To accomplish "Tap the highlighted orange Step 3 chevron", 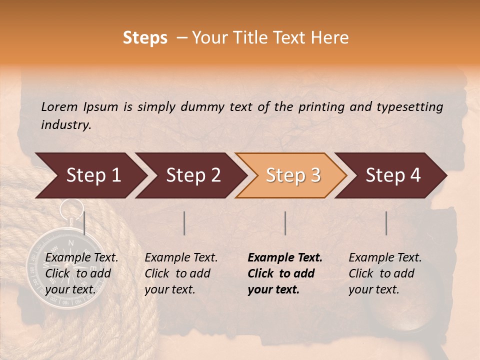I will point(292,175).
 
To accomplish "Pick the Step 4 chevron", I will point(393,175).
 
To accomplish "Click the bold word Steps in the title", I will point(145,38).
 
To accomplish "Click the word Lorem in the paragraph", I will point(59,106).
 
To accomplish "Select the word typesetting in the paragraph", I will point(413,106).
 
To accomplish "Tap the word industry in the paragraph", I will point(65,125).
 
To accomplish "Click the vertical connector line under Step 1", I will point(84,223).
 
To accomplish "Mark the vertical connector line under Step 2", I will point(184,223).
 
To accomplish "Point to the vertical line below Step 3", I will point(285,223).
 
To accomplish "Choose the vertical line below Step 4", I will point(386,223).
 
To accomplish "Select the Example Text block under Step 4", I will point(385,273).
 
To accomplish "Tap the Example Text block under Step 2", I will point(181,273).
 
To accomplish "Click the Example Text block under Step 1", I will point(81,273).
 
